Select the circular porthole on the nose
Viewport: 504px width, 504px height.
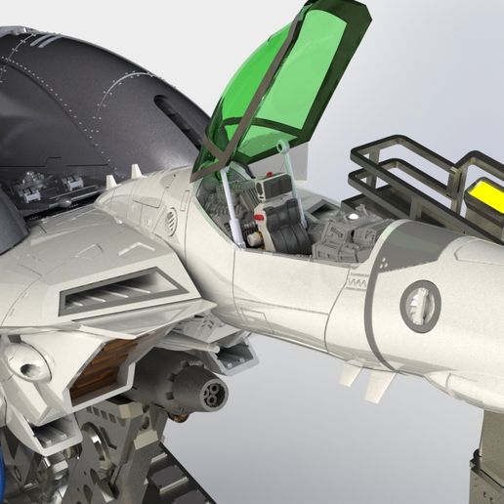(421, 306)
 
